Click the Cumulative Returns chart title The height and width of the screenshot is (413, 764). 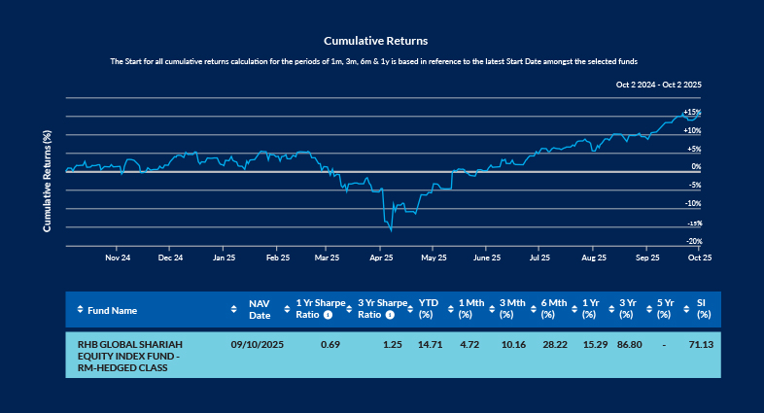(375, 41)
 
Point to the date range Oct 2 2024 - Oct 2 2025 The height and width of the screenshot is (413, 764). (658, 86)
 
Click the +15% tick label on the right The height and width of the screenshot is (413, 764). (691, 113)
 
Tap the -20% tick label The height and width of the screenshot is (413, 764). (693, 241)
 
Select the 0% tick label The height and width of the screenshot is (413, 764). (695, 167)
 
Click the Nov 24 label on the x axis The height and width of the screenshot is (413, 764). (117, 258)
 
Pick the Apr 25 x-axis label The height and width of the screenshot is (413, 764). (381, 258)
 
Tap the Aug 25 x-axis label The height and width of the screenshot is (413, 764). (593, 258)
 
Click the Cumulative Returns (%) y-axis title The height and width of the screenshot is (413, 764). (47, 181)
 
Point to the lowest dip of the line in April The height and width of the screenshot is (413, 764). (391, 230)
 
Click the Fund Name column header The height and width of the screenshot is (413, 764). (112, 310)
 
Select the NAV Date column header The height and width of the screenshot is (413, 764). (259, 310)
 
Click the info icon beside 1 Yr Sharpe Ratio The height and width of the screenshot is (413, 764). (328, 315)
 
